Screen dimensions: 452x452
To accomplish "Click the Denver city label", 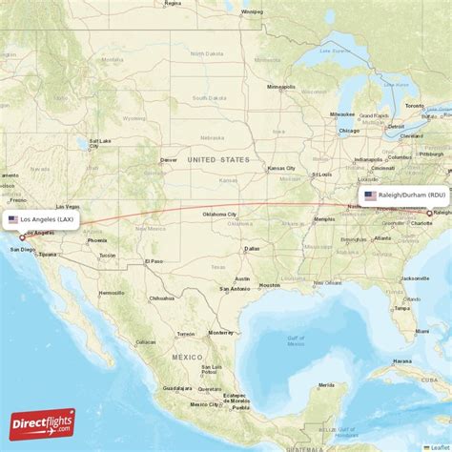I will [169, 159].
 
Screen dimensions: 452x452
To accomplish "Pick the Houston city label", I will [270, 284].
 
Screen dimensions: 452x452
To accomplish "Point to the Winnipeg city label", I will [252, 11].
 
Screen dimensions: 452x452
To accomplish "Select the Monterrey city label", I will [220, 332].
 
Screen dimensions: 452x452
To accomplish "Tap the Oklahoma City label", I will [220, 215].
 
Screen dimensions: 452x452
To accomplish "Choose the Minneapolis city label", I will [281, 87].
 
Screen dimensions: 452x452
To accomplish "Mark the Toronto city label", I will [414, 105].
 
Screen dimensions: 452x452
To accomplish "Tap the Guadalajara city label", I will [177, 388].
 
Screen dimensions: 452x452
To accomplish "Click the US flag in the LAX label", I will [13, 219].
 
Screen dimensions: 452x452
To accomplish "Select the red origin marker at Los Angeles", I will [22, 237].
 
